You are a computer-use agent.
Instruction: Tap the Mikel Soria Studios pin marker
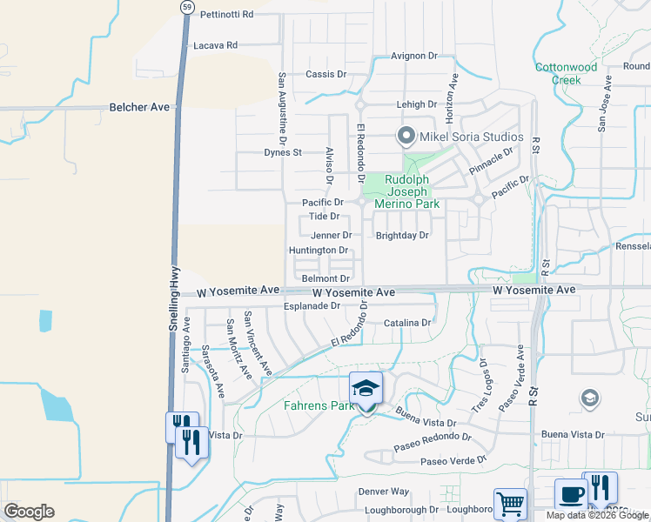point(405,137)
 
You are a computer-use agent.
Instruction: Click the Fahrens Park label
point(318,405)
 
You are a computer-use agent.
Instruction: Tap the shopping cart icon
point(510,503)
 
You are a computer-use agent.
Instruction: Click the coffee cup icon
point(571,493)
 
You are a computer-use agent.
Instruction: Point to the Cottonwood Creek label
point(567,73)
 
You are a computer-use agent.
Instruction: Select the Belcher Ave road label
point(139,107)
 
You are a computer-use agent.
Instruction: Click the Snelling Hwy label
point(174,297)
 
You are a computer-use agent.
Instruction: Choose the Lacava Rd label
point(215,45)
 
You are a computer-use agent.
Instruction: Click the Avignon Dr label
point(413,56)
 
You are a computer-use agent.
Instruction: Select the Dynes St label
point(283,152)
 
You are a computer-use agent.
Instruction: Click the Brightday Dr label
point(402,236)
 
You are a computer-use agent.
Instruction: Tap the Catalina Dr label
point(407,323)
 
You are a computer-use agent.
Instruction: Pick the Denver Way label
point(383,492)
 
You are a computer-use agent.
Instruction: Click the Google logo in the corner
point(29,512)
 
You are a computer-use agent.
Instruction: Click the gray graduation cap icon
point(590,398)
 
